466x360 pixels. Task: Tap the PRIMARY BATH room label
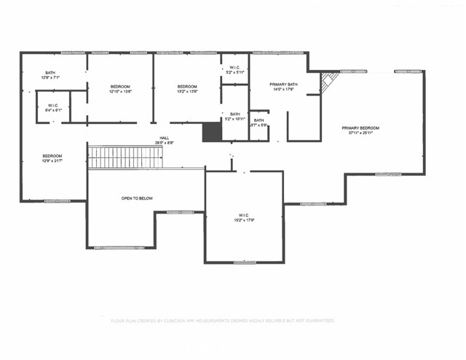283,85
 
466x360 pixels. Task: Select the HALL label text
165,138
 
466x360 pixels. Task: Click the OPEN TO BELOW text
137,198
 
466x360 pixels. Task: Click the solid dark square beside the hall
211,132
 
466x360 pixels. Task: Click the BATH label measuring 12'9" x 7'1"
50,74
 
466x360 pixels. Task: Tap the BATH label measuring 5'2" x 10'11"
235,116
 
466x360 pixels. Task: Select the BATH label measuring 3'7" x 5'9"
259,122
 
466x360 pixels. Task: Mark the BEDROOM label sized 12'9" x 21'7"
52,157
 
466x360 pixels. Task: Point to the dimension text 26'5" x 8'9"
165,143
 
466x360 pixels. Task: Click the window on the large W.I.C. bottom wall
245,262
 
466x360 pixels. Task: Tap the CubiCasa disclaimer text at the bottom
222,321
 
